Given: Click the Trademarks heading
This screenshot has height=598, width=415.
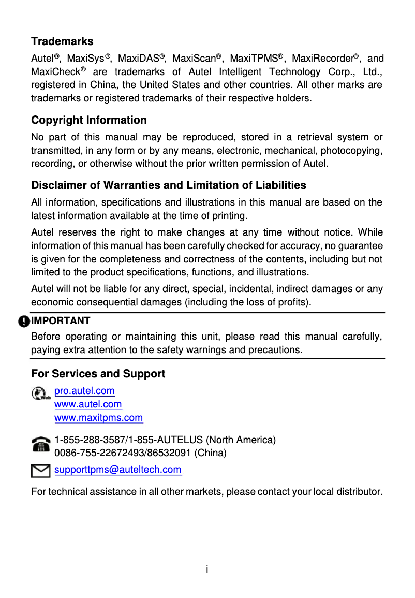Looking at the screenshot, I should pos(62,41).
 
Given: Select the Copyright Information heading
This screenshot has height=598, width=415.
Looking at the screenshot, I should pos(89,120).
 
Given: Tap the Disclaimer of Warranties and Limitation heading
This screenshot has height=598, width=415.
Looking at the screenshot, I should pos(169,185).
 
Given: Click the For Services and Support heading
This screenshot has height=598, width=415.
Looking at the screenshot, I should pos(98,374).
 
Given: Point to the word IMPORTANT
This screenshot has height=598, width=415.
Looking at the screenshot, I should pos(61,321).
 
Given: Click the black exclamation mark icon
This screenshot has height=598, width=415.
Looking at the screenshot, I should pos(24,322).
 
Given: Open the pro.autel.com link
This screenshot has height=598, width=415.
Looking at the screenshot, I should pos(84,391).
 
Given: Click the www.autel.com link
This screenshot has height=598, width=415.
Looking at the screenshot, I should pos(88,404).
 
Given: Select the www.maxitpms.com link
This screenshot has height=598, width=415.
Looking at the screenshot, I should pos(98,418).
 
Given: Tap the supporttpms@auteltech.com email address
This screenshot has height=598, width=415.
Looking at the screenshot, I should pos(118,470).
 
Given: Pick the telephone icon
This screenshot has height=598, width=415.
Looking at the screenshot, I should pos(40,445).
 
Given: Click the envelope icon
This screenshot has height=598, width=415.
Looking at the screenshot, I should pos(40,471).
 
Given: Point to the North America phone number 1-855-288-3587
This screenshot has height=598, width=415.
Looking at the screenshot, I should pos(90,440).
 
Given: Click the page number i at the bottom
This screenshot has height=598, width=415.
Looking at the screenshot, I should pos(207,570).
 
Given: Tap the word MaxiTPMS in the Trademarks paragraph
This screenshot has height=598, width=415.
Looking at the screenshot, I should pos(254,59).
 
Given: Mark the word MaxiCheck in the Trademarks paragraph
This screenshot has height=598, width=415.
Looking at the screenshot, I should pos(55,72).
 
